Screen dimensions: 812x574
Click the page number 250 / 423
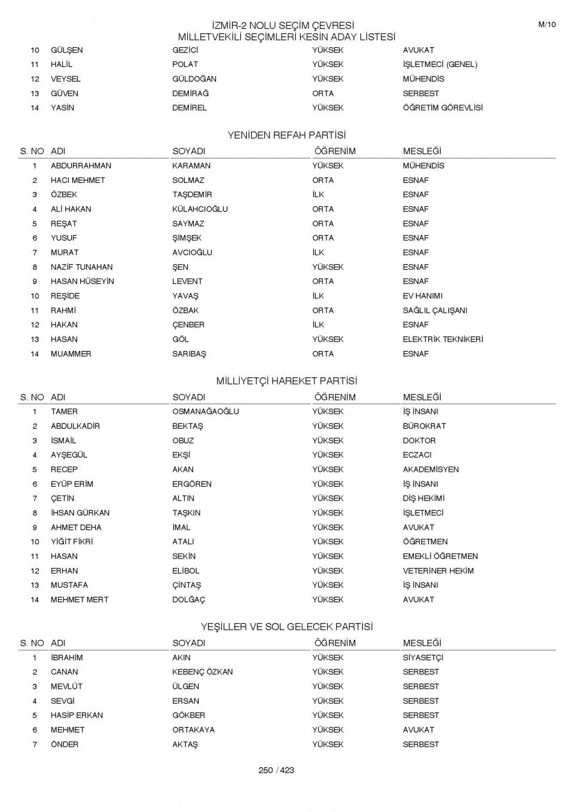pos(276,770)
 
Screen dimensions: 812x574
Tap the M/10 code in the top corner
pos(546,25)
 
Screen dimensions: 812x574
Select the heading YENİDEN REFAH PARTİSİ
pos(286,135)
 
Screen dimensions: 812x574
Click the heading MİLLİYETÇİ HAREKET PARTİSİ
pos(286,381)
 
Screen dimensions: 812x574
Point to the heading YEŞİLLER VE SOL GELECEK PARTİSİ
pos(286,627)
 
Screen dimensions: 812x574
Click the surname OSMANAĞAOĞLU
pos(205,411)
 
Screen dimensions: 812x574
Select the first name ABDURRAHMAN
pos(81,166)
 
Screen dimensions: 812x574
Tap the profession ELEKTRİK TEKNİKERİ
pos(442,339)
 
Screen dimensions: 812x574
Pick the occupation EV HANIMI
pos(422,296)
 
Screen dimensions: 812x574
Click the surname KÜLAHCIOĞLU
pos(200,209)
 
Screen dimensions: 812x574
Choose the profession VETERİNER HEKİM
pos(438,570)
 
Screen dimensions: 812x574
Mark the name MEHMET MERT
pos(80,600)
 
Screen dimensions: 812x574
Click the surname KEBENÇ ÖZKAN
pos(202,672)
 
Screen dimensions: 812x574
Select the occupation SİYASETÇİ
pos(423,658)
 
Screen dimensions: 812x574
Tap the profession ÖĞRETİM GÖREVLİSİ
pos(442,108)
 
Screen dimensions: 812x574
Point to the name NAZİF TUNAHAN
pos(81,267)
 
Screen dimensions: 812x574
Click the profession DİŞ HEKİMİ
pos(423,498)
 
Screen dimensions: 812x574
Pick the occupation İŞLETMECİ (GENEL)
pos(439,65)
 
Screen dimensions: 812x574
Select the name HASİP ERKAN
pos(77,715)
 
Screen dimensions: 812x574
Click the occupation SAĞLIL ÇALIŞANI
pos(435,310)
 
